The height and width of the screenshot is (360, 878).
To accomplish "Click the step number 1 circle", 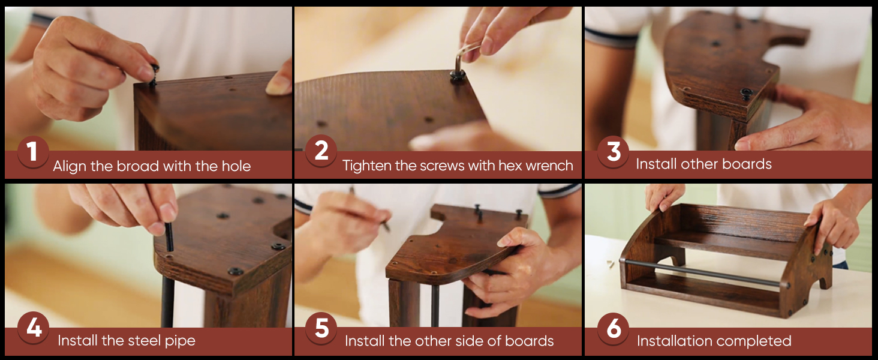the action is (33, 152).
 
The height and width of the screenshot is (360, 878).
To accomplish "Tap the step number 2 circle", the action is (321, 151).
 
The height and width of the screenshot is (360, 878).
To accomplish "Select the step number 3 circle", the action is (614, 152).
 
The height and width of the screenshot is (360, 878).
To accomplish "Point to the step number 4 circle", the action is (34, 328).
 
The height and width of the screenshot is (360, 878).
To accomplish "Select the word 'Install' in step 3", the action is (657, 164).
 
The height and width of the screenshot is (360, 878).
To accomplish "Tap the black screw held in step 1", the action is (154, 74).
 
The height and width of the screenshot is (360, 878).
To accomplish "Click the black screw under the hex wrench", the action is (458, 76).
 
